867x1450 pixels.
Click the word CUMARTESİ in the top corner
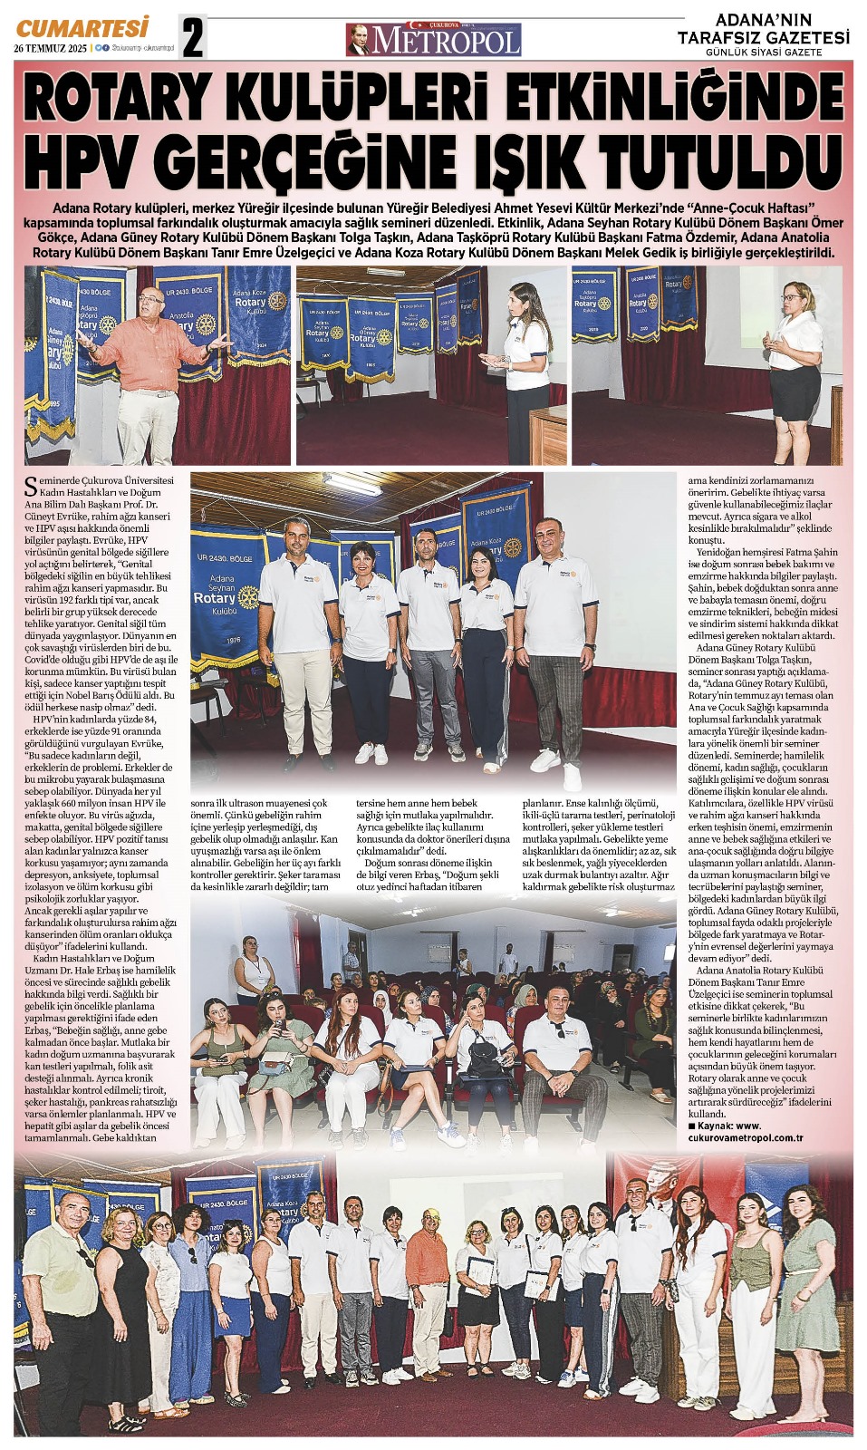click(x=82, y=29)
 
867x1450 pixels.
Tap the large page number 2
click(x=193, y=39)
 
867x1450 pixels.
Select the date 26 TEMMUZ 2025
click(x=51, y=49)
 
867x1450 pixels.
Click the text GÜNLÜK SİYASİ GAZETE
click(x=764, y=53)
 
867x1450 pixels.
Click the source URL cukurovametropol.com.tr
click(x=746, y=1137)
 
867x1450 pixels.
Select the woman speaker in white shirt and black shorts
click(x=795, y=362)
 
